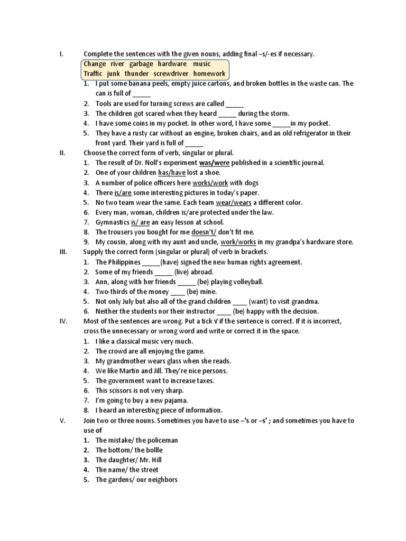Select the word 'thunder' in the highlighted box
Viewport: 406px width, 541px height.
tap(137, 73)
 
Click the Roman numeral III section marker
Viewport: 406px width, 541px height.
tap(62, 252)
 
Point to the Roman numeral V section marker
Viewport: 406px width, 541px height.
tap(62, 421)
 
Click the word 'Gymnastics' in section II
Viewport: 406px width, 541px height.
tap(112, 222)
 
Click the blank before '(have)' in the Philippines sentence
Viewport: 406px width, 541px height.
tap(151, 262)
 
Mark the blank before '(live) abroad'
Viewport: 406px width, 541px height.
tap(163, 272)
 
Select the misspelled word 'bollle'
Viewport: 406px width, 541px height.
tap(152, 450)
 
